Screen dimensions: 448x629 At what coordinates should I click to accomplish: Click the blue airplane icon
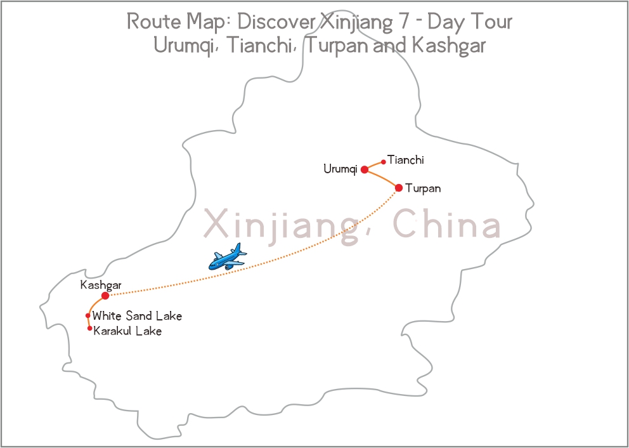pyautogui.click(x=227, y=256)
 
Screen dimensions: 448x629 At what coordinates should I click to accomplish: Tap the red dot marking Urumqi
pyautogui.click(x=365, y=169)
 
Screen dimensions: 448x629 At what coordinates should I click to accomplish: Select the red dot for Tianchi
pyautogui.click(x=384, y=162)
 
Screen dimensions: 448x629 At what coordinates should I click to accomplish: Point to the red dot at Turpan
pyautogui.click(x=399, y=188)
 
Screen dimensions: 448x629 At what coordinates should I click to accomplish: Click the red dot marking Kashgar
pyautogui.click(x=105, y=296)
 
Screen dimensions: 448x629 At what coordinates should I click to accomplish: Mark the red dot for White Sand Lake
pyautogui.click(x=88, y=315)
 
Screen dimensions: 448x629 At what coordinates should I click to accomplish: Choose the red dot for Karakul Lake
pyautogui.click(x=90, y=328)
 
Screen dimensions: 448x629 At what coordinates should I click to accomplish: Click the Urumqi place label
pyautogui.click(x=340, y=169)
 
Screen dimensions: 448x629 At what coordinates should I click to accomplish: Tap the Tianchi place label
pyautogui.click(x=406, y=161)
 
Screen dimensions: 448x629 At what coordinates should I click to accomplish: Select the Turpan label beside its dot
pyautogui.click(x=423, y=188)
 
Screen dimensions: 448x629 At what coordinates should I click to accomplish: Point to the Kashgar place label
pyautogui.click(x=101, y=286)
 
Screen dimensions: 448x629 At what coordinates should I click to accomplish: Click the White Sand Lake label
pyautogui.click(x=137, y=316)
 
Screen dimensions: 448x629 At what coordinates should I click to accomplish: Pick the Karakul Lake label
pyautogui.click(x=127, y=331)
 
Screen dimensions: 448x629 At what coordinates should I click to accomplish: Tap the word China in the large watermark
pyautogui.click(x=446, y=225)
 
